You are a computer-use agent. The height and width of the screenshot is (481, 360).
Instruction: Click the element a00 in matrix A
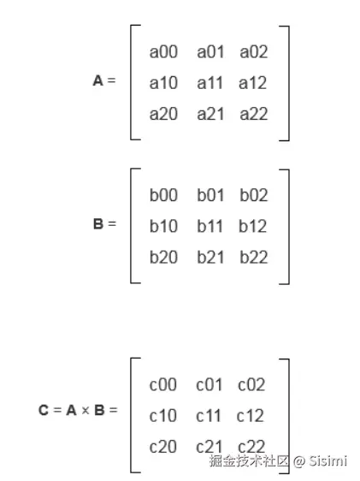click(163, 52)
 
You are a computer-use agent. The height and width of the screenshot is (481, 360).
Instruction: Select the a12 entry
click(253, 83)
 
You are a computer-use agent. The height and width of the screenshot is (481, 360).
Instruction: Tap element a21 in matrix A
click(210, 114)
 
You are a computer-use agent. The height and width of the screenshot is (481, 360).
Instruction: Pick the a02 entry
click(254, 52)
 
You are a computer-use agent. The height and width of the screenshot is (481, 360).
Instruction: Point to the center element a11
click(210, 83)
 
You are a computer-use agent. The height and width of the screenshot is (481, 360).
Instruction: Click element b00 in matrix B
click(163, 195)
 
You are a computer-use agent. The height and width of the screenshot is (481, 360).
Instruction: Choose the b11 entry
click(210, 226)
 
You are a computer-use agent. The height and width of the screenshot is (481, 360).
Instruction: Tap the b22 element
click(254, 257)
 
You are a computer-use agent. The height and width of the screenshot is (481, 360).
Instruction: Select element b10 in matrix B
click(163, 226)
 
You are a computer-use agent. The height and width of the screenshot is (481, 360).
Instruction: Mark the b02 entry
click(254, 195)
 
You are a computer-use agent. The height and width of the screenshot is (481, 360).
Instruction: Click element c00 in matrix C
click(163, 384)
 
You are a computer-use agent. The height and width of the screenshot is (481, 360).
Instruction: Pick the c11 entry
click(209, 416)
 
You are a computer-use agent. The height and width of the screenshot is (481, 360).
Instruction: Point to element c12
click(250, 416)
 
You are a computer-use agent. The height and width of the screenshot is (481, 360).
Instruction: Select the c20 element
click(163, 447)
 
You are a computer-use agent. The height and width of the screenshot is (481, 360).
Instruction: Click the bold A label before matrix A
click(97, 80)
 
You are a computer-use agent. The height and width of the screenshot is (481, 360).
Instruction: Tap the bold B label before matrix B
click(98, 223)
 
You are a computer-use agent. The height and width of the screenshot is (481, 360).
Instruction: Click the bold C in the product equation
click(44, 410)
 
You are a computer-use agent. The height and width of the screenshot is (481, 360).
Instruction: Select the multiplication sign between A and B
click(86, 411)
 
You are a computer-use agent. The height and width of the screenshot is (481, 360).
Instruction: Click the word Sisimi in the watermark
click(328, 460)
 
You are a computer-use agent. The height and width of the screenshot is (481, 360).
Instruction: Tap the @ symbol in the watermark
click(299, 461)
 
